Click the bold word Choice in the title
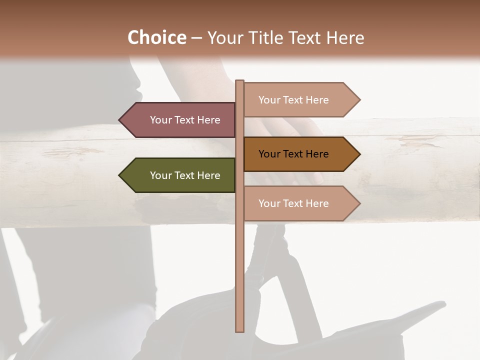[x=156, y=38]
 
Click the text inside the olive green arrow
[x=185, y=175]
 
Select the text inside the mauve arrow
[x=185, y=120]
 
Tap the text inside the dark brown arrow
[x=293, y=154]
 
